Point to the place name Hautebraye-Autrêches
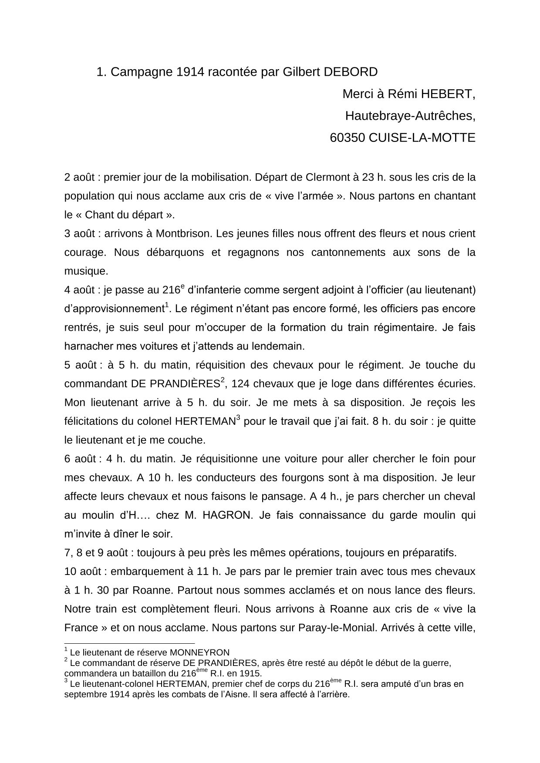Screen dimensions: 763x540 click(x=409, y=116)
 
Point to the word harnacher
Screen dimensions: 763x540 click(x=88, y=346)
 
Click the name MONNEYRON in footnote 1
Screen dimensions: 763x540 click(x=199, y=652)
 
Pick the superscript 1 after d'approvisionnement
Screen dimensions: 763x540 click(x=167, y=306)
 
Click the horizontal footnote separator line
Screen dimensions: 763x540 click(x=129, y=643)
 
